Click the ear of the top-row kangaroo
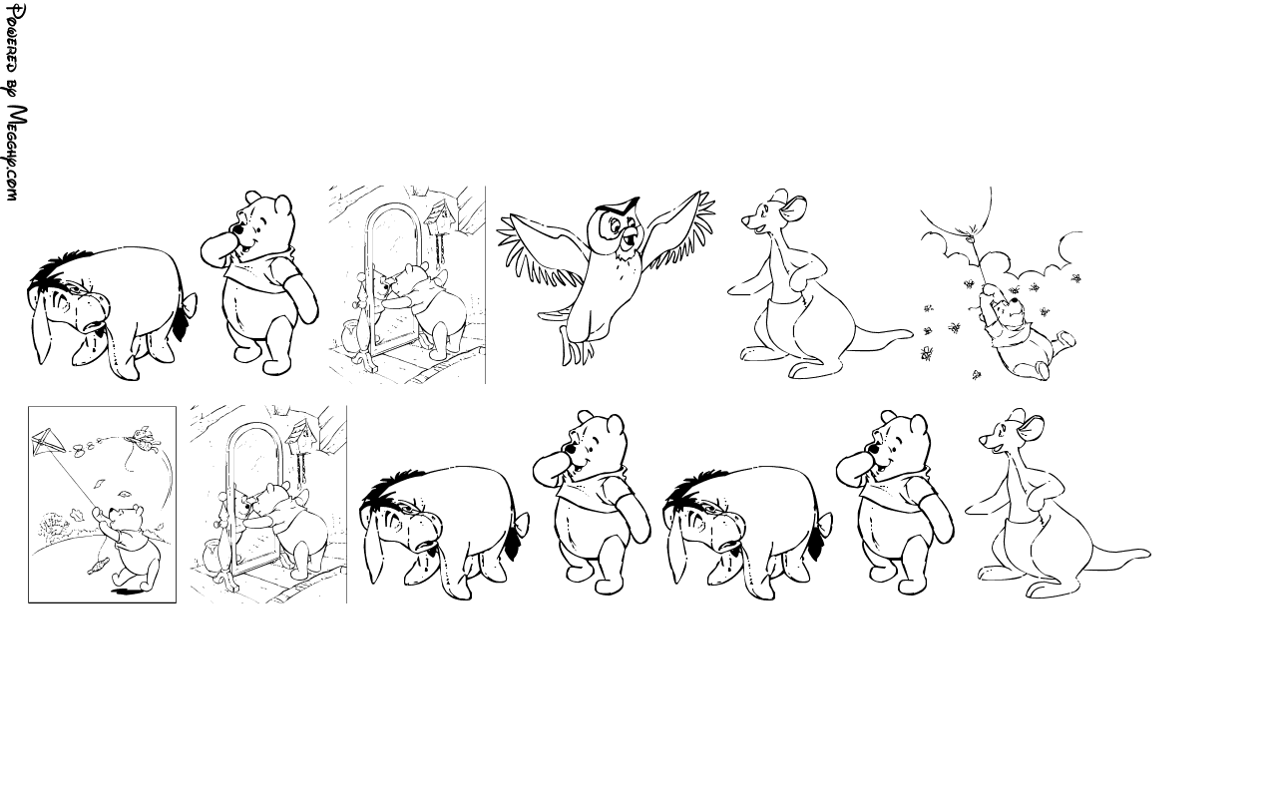[795, 209]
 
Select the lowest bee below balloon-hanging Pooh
[977, 374]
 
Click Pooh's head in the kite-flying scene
[127, 516]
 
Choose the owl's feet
[577, 349]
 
